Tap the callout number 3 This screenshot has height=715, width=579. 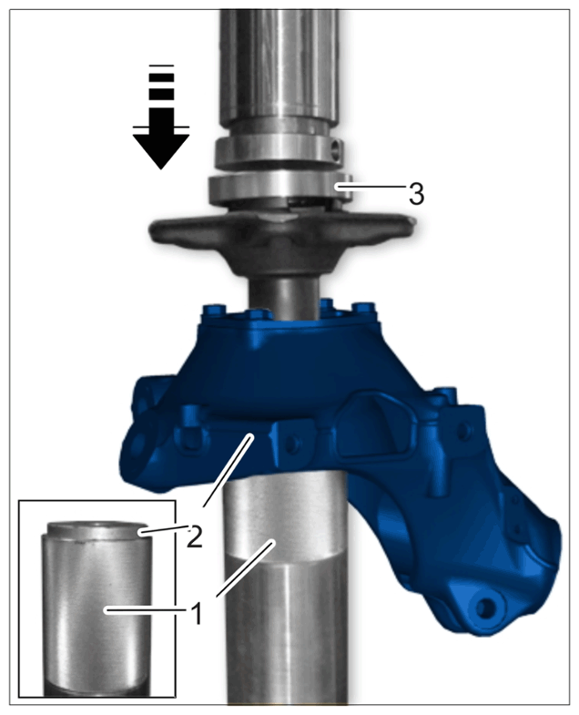point(416,194)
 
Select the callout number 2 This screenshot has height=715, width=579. point(194,536)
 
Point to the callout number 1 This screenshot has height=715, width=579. point(196,614)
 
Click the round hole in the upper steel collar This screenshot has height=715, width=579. point(337,148)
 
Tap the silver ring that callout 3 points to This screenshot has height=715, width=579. point(280,188)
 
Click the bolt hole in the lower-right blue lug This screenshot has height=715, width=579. point(487,608)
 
